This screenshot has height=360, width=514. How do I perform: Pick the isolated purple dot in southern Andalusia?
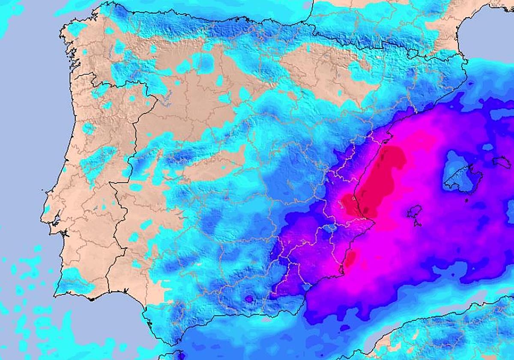(x=248, y=298)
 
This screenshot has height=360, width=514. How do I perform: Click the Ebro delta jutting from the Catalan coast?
(x=390, y=137)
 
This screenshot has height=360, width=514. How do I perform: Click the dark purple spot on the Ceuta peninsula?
(x=180, y=354)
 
